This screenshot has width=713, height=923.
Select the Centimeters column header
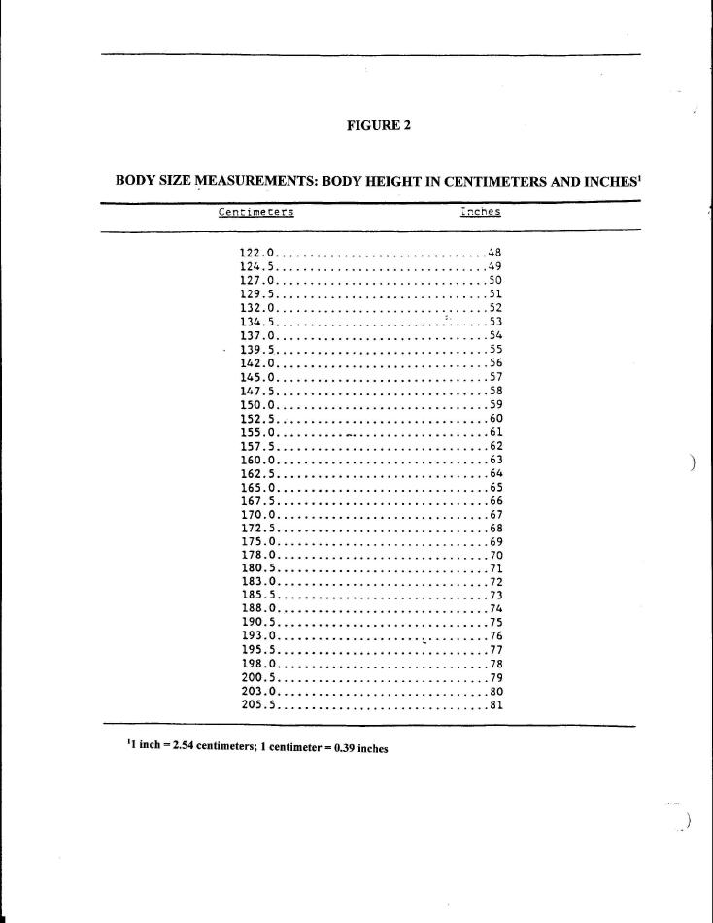(256, 211)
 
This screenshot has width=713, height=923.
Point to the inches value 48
(494, 253)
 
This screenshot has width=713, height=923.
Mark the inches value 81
(494, 705)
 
